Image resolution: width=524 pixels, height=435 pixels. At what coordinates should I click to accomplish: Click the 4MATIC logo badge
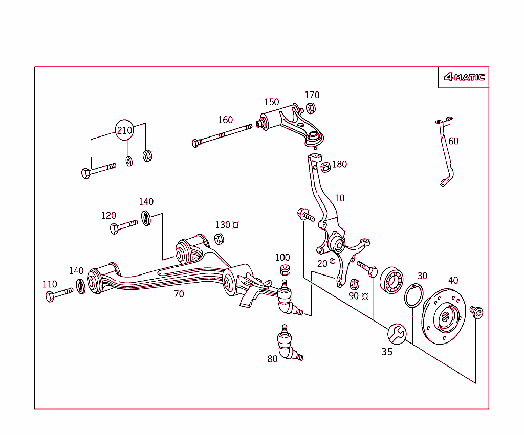pyautogui.click(x=464, y=78)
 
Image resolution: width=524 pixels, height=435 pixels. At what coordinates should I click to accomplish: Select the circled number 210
pyautogui.click(x=124, y=130)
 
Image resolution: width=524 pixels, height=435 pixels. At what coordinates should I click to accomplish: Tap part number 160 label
pyautogui.click(x=225, y=120)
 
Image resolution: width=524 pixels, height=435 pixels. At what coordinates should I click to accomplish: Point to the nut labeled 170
pyautogui.click(x=311, y=108)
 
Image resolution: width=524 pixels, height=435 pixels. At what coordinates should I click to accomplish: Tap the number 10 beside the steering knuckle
pyautogui.click(x=340, y=198)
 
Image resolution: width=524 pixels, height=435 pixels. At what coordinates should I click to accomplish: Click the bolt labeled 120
pyautogui.click(x=123, y=226)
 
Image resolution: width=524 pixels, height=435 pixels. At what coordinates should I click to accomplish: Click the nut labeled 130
pyautogui.click(x=219, y=238)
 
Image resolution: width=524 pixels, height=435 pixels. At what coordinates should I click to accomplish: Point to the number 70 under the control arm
pyautogui.click(x=179, y=294)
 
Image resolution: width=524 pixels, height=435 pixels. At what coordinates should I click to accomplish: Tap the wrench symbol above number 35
pyautogui.click(x=397, y=333)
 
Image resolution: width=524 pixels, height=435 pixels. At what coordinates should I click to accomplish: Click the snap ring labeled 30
pyautogui.click(x=413, y=296)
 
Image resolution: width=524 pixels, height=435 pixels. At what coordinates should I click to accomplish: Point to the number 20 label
pyautogui.click(x=322, y=264)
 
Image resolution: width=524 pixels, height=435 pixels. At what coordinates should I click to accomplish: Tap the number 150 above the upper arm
pyautogui.click(x=271, y=102)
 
